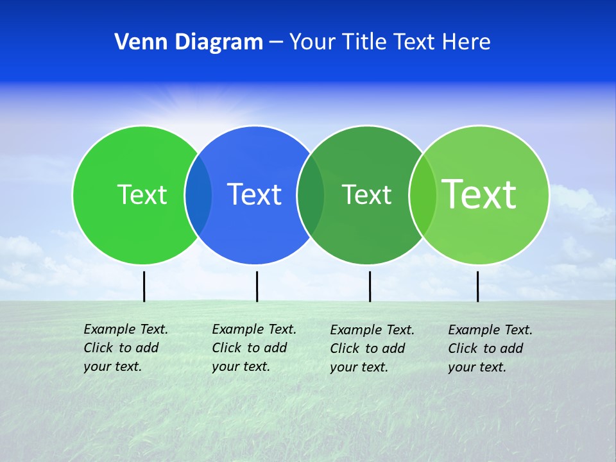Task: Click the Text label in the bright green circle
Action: pyautogui.click(x=142, y=194)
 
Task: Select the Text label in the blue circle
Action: pyautogui.click(x=254, y=194)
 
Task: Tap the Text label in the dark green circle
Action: pyautogui.click(x=366, y=194)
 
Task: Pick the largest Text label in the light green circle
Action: pyautogui.click(x=479, y=194)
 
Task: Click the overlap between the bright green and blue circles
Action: pyautogui.click(x=198, y=194)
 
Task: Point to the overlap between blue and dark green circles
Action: pyautogui.click(x=311, y=194)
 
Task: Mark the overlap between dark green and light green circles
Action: pyautogui.click(x=423, y=194)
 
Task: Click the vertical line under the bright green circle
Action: pyautogui.click(x=144, y=286)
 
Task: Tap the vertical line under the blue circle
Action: pyautogui.click(x=257, y=286)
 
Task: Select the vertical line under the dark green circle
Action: pyautogui.click(x=370, y=286)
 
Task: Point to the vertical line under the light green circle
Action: pyautogui.click(x=477, y=286)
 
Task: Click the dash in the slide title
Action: pyautogui.click(x=276, y=43)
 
